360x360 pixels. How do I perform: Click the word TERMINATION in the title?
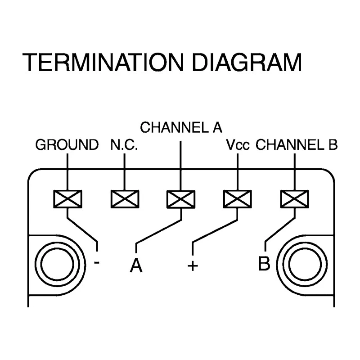[103, 62]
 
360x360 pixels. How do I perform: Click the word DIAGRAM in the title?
[247, 62]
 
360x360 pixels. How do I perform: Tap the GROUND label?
[67, 144]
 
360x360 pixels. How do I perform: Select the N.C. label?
[124, 144]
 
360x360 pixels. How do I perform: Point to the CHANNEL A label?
[181, 127]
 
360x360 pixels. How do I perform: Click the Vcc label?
[238, 144]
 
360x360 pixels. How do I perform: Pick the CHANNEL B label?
[297, 144]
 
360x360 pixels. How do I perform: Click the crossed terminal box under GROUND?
[68, 199]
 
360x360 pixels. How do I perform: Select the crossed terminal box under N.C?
[125, 199]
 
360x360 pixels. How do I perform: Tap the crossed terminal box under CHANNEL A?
[181, 199]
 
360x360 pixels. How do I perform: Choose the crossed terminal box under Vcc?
[238, 199]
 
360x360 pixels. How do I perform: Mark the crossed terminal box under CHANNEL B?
[295, 199]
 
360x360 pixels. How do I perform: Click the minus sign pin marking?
[97, 262]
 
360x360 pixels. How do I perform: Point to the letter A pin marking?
[136, 265]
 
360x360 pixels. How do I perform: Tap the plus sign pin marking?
[193, 266]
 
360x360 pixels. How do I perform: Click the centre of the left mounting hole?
[57, 264]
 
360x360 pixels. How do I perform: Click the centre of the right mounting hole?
[305, 264]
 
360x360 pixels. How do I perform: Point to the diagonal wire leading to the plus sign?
[215, 231]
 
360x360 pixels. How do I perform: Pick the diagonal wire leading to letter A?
[159, 231]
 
